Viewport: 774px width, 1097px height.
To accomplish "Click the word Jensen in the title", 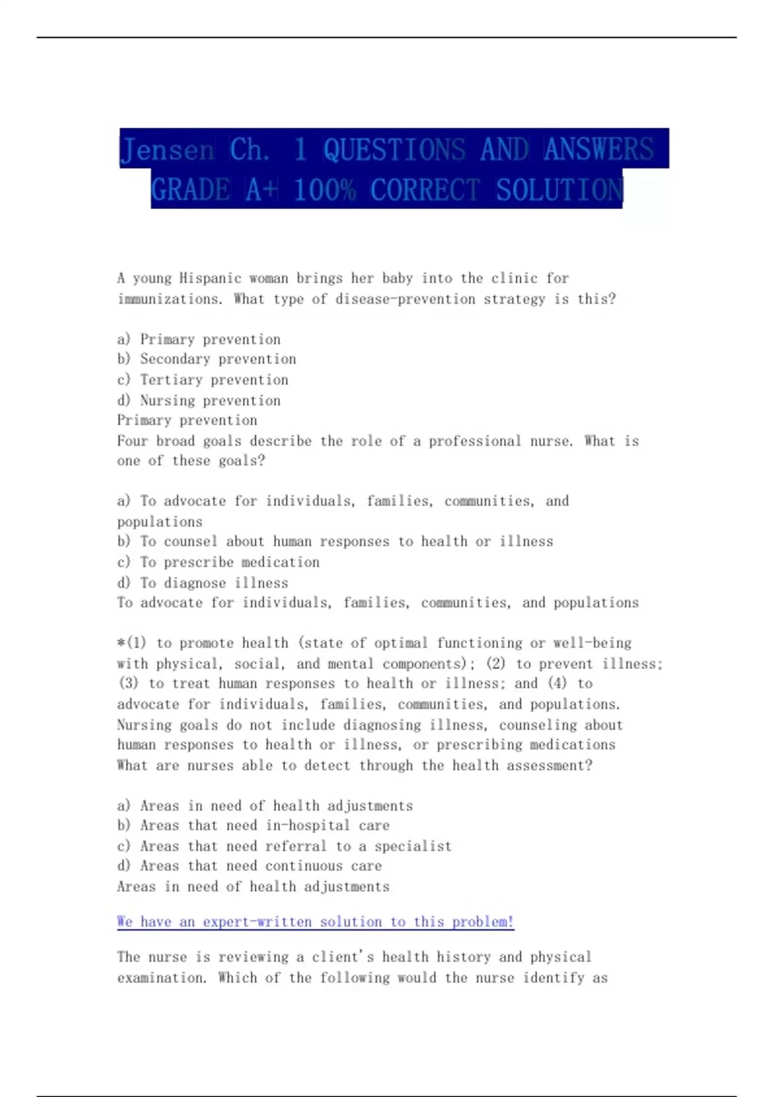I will pyautogui.click(x=166, y=150).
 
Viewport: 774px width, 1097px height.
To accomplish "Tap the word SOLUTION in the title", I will pyautogui.click(x=559, y=190).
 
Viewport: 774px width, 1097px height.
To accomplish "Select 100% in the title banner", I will pyautogui.click(x=324, y=190).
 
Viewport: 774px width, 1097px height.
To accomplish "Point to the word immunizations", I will pyautogui.click(x=170, y=299).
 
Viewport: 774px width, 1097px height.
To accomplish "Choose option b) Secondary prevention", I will pyautogui.click(x=206, y=359).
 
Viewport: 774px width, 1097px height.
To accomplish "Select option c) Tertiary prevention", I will pyautogui.click(x=203, y=379).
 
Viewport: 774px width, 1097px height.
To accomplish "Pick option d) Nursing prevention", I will pyautogui.click(x=199, y=400).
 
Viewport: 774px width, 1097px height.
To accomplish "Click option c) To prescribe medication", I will pyautogui.click(x=218, y=562).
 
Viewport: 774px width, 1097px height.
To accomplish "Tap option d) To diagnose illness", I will pyautogui.click(x=203, y=583).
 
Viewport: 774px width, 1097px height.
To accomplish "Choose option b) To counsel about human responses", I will pyautogui.click(x=335, y=541).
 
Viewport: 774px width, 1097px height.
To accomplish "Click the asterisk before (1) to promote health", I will pyautogui.click(x=121, y=643).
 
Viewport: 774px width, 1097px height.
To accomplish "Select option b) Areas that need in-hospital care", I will pyautogui.click(x=253, y=825).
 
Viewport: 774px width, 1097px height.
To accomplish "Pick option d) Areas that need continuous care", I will pyautogui.click(x=249, y=865).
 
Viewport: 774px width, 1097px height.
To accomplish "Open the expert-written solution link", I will pyautogui.click(x=315, y=921).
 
